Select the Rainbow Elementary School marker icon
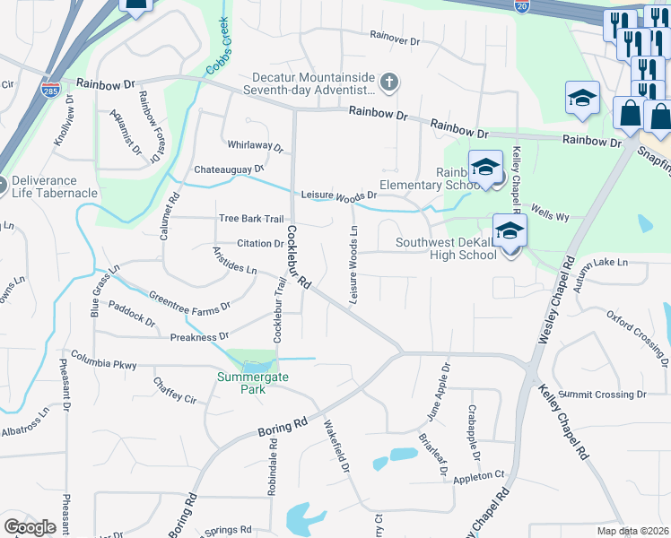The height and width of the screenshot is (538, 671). coord(485,169)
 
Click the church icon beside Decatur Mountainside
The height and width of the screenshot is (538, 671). coord(388,83)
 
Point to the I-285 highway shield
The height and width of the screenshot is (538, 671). coord(50,91)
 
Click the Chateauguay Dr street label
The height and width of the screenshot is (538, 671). coord(229,169)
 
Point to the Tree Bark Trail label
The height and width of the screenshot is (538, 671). coord(251,219)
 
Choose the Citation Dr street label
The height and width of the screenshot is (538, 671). coord(260,243)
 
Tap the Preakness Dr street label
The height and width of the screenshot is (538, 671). coord(199,337)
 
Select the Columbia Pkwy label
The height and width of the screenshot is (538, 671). coord(104,365)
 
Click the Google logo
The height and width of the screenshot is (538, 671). coord(30,527)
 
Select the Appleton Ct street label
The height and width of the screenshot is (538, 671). coord(480,477)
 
